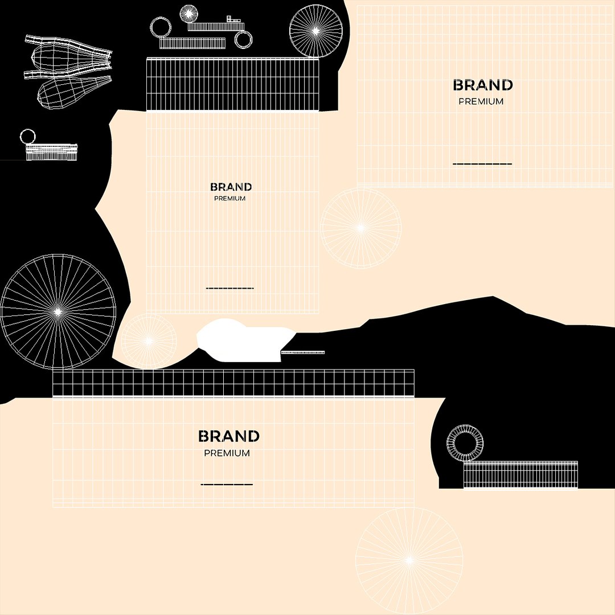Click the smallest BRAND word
[x=231, y=187]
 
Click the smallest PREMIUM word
[x=230, y=199]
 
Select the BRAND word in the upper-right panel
[x=483, y=85]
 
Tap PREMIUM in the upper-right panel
[x=481, y=101]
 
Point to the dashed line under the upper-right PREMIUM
[x=482, y=164]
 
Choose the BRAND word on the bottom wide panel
[x=229, y=436]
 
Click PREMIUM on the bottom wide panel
[x=227, y=453]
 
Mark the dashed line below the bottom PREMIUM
[x=227, y=485]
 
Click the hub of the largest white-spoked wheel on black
[x=58, y=312]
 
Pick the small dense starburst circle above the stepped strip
[x=188, y=14]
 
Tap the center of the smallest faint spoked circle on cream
[x=148, y=341]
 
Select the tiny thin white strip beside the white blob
[x=303, y=352]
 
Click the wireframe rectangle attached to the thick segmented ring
[x=520, y=475]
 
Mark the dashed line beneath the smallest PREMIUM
[x=230, y=288]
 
